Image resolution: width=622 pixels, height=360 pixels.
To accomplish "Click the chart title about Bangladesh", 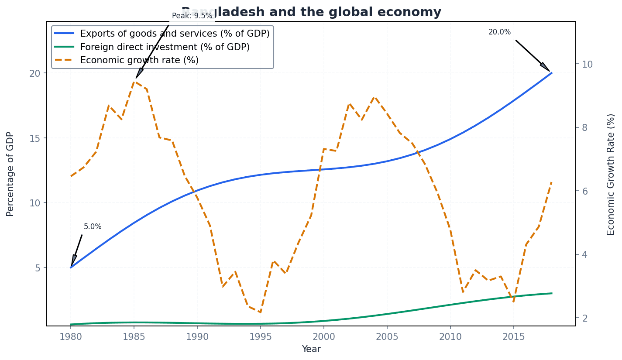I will click(311, 12).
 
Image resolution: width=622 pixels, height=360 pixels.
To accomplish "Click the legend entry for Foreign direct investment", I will click(165, 47).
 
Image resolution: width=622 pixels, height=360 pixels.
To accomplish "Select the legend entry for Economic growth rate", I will click(139, 60).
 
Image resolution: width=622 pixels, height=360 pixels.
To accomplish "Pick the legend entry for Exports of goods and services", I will click(175, 34).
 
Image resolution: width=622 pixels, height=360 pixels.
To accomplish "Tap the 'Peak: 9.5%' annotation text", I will click(192, 16).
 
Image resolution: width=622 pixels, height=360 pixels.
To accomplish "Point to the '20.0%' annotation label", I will click(499, 32).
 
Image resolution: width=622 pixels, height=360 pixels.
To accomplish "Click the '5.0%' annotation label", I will click(93, 227).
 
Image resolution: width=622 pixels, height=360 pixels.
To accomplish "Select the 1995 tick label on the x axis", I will click(260, 336).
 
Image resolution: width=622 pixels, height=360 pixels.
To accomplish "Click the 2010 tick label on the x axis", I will click(450, 336).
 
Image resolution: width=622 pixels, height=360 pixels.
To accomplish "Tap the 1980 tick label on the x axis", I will click(71, 336).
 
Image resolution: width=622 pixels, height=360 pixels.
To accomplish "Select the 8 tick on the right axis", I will click(585, 127).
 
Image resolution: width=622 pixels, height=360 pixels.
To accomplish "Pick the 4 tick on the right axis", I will click(585, 254).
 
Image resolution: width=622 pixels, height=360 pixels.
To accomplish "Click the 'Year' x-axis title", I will click(311, 349).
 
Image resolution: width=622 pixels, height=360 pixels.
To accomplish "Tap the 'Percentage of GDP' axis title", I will click(10, 174).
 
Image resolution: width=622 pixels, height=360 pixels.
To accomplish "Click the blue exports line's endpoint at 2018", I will click(552, 73).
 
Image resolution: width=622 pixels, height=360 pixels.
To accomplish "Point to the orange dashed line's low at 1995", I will click(260, 312).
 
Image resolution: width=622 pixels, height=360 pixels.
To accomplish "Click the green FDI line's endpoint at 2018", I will click(552, 293).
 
